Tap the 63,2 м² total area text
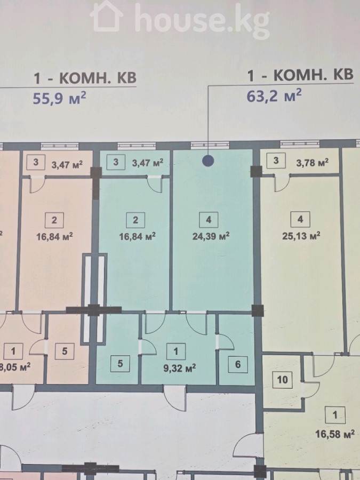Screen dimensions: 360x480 click(x=274, y=96)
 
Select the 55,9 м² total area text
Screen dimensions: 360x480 click(x=59, y=98)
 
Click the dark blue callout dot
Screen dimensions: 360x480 click(x=208, y=161)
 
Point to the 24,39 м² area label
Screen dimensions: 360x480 click(x=211, y=236)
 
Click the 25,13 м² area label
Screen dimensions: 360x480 click(x=301, y=236)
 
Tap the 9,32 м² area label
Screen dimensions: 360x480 click(x=180, y=368)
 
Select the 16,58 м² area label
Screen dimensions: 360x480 click(x=335, y=434)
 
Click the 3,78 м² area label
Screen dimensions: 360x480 click(x=312, y=163)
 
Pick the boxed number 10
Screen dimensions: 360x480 click(x=282, y=380)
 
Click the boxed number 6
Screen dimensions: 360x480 click(x=238, y=364)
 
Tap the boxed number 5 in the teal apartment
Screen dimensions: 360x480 click(x=120, y=363)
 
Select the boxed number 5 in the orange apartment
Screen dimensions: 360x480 click(x=65, y=351)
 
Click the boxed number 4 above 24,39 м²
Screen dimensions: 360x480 click(x=209, y=220)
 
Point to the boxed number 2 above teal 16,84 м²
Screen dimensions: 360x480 click(x=135, y=220)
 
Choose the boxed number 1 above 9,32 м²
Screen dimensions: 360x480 click(x=176, y=351)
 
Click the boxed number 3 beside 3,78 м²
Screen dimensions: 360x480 click(x=276, y=161)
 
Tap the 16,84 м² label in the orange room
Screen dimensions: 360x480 click(x=54, y=236)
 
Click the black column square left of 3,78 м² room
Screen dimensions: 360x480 click(x=256, y=171)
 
